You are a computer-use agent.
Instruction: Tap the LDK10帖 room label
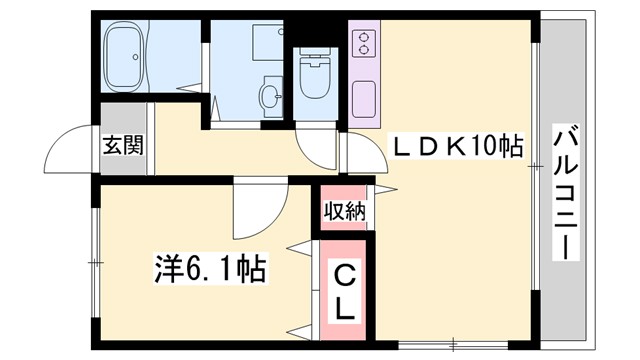[456, 146]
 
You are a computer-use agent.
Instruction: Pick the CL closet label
[343, 291]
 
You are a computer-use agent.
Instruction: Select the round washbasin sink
[270, 97]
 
